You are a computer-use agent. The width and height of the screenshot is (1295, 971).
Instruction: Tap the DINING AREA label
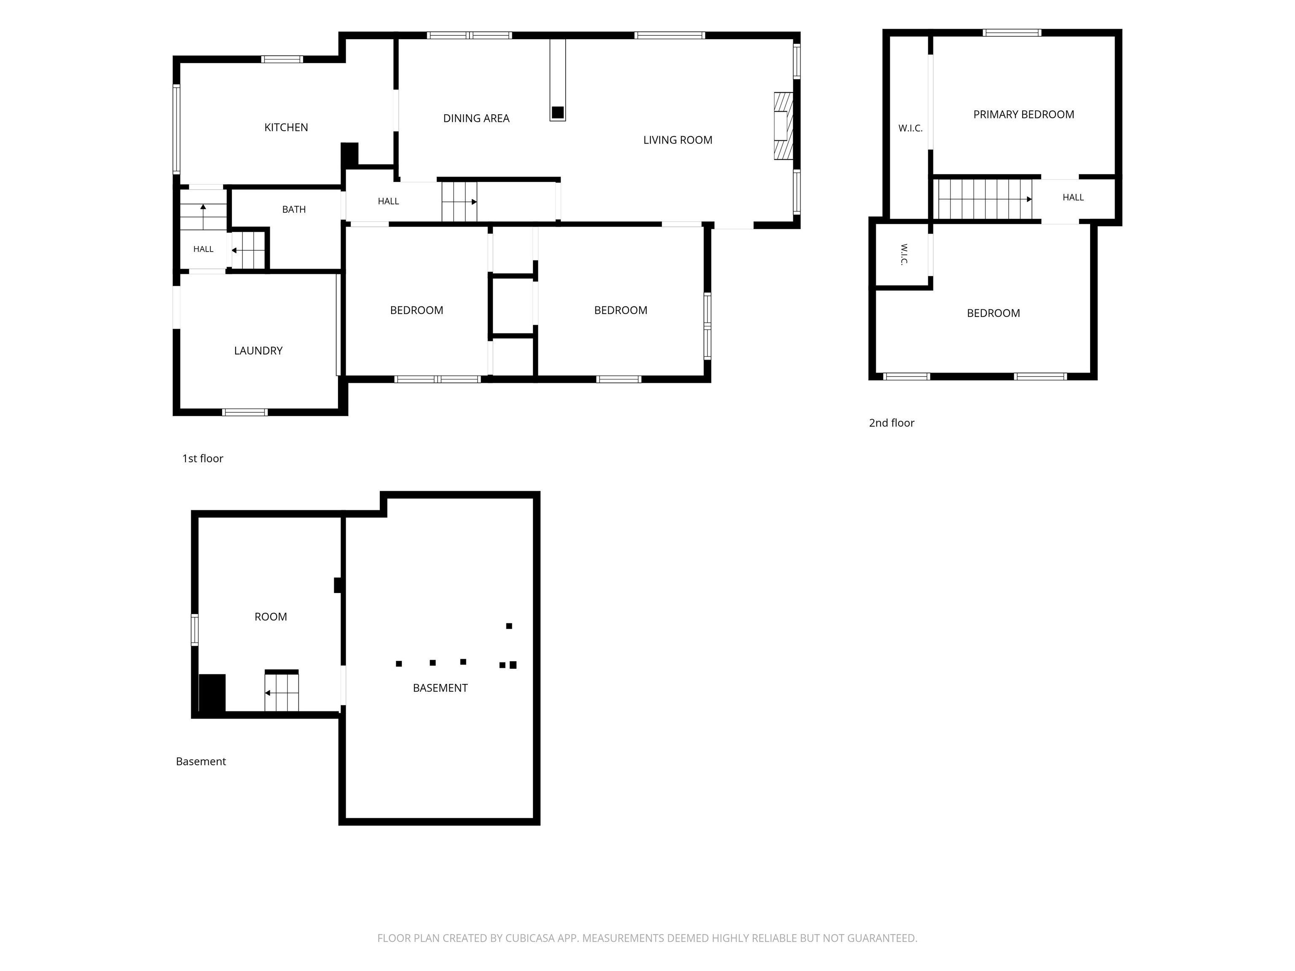click(x=476, y=118)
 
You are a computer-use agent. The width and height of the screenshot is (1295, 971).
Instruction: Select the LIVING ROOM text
click(x=677, y=140)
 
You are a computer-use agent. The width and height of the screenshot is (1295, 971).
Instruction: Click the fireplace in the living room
click(x=783, y=126)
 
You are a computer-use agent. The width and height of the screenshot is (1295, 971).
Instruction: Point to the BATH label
click(x=294, y=209)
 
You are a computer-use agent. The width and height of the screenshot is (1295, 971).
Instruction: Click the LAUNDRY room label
click(x=258, y=351)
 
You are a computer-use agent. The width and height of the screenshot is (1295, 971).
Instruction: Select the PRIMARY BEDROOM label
click(x=1024, y=115)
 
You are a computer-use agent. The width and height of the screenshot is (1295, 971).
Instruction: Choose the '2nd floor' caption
click(x=891, y=423)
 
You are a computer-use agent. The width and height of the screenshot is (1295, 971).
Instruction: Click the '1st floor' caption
click(x=203, y=458)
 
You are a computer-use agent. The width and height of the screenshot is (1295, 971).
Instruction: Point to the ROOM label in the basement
click(x=271, y=617)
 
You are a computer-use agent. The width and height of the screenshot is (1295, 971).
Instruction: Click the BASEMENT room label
click(x=440, y=688)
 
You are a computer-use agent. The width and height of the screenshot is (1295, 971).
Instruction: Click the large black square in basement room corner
click(x=212, y=693)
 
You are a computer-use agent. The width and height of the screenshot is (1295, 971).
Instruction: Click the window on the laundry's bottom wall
click(x=245, y=412)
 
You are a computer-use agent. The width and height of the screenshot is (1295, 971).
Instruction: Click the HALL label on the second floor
click(x=1073, y=198)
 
